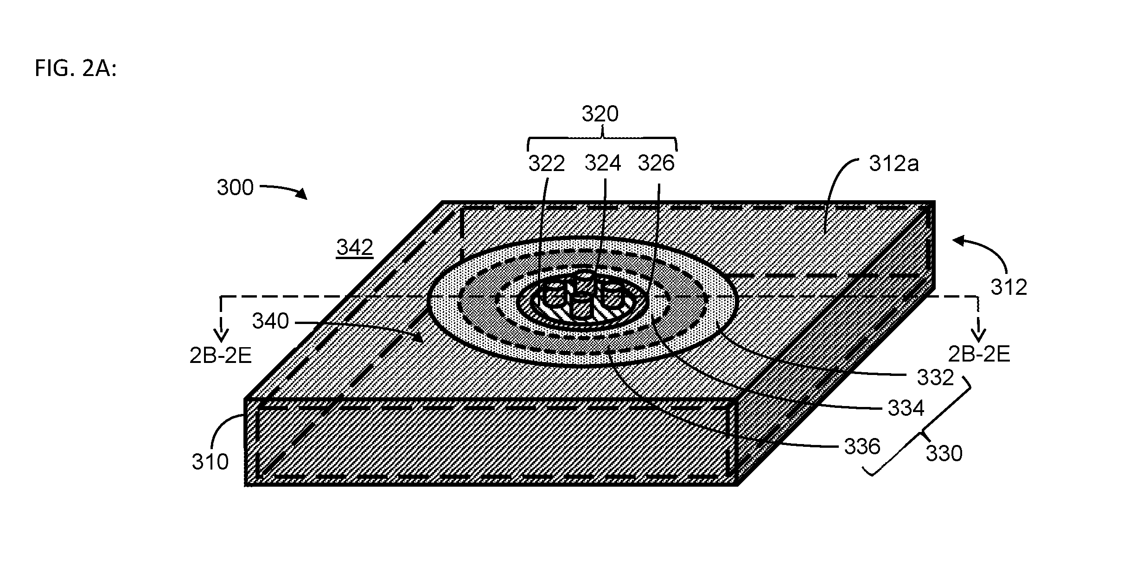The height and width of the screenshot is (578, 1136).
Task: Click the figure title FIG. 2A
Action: [76, 69]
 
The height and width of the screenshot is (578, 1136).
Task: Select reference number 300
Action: [235, 188]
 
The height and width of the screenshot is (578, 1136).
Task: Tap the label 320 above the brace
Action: [600, 114]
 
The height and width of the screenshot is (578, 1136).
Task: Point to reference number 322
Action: [547, 164]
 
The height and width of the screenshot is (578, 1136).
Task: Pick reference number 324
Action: [602, 163]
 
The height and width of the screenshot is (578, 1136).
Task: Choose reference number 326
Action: [656, 163]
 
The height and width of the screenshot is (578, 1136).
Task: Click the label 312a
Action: [893, 164]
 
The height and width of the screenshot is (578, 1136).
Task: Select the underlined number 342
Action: [355, 248]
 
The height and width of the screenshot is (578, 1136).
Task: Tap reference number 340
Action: [270, 321]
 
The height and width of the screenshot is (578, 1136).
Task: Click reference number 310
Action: [211, 462]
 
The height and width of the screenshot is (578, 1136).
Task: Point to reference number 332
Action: [935, 378]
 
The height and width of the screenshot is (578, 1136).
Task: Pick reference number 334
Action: [906, 408]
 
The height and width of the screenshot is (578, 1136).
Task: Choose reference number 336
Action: [862, 447]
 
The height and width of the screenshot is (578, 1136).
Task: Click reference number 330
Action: [944, 454]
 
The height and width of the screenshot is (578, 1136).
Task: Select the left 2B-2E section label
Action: [221, 356]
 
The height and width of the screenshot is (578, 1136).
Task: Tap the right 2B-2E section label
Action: [979, 355]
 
